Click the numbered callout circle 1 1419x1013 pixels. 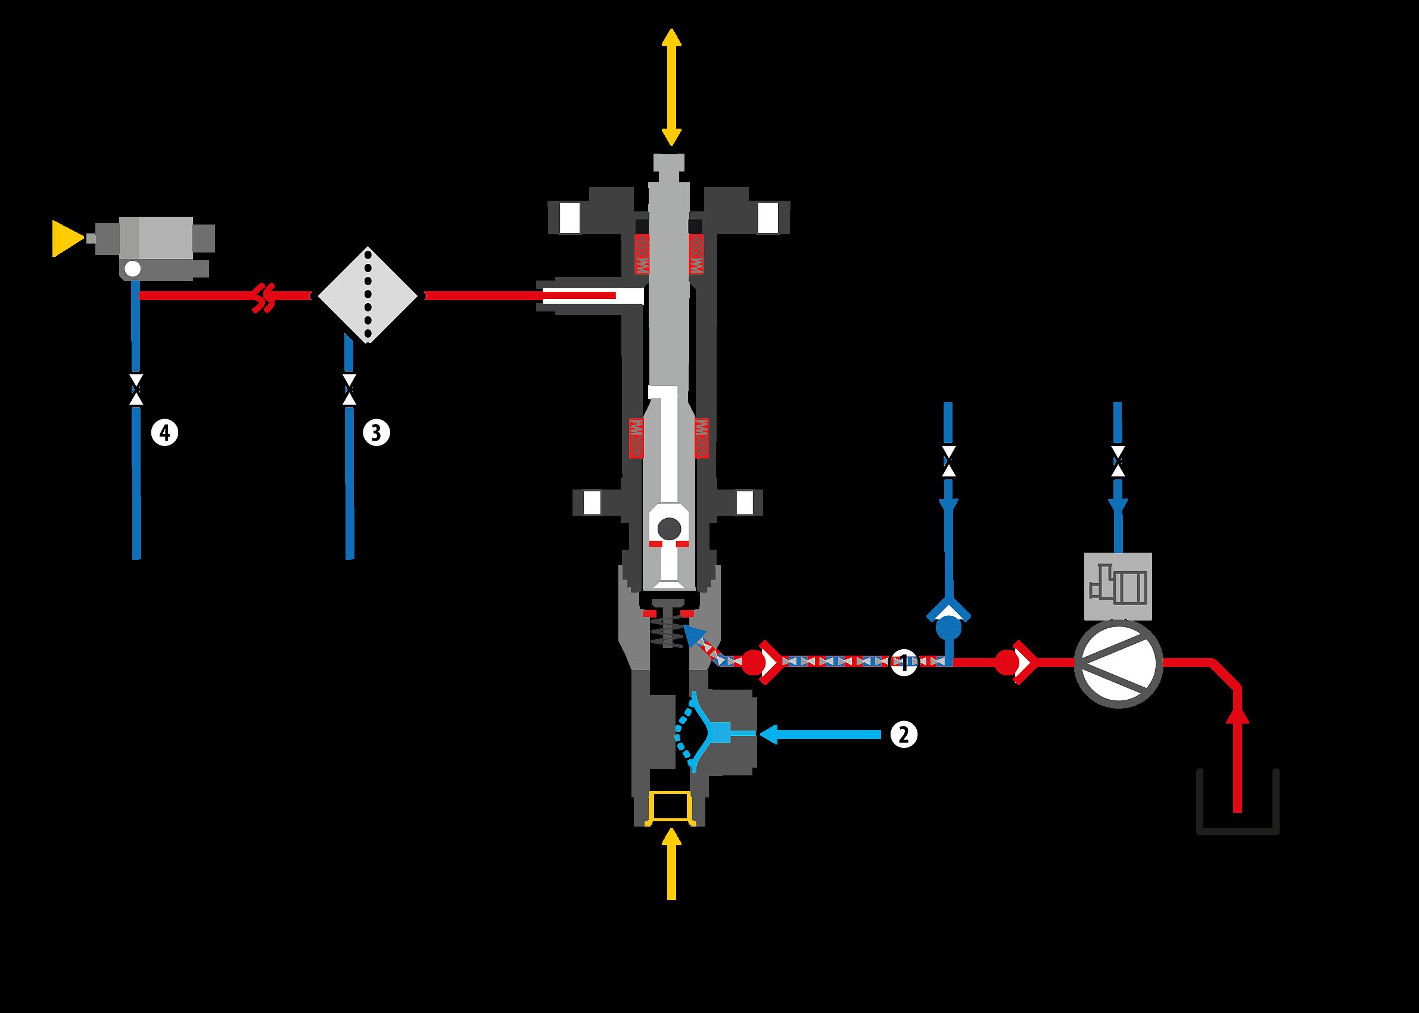coord(904,662)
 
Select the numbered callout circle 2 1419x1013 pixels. coord(904,735)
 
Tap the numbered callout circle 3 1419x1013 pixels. coord(376,432)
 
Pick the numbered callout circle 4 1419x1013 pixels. coord(165,432)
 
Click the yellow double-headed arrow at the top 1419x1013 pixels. coord(671,88)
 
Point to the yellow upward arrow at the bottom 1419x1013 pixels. coord(671,864)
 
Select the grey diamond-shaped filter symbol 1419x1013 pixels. coord(368,295)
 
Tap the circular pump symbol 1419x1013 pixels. coord(1118,663)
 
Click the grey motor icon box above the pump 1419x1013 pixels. coord(1118,587)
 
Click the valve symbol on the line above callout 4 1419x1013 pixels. coord(136,390)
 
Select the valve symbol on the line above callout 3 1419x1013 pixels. coord(350,390)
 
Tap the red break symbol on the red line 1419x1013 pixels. coord(264,297)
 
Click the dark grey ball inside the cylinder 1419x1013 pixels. coord(670,529)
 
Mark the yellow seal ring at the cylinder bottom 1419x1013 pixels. coord(671,808)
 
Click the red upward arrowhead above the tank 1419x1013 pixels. coord(1238,715)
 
